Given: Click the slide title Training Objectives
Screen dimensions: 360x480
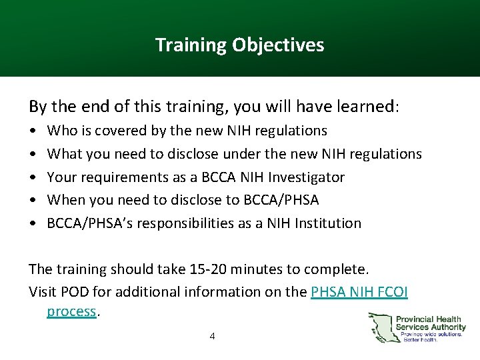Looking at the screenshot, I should [x=239, y=45].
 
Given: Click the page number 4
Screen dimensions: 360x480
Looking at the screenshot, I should [x=212, y=336].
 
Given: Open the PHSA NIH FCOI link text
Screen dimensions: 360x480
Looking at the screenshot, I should [x=359, y=292].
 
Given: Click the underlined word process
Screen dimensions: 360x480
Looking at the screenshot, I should [x=71, y=311].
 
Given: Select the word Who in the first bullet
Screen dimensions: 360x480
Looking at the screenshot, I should [x=61, y=131].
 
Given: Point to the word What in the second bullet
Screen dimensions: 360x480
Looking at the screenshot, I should [x=64, y=154].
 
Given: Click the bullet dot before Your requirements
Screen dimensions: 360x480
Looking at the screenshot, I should [x=33, y=177].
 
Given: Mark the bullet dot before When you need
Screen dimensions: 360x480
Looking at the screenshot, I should [x=33, y=200].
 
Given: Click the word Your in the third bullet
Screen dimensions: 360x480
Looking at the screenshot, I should [x=61, y=177].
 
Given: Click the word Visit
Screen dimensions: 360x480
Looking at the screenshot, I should [x=45, y=292].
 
